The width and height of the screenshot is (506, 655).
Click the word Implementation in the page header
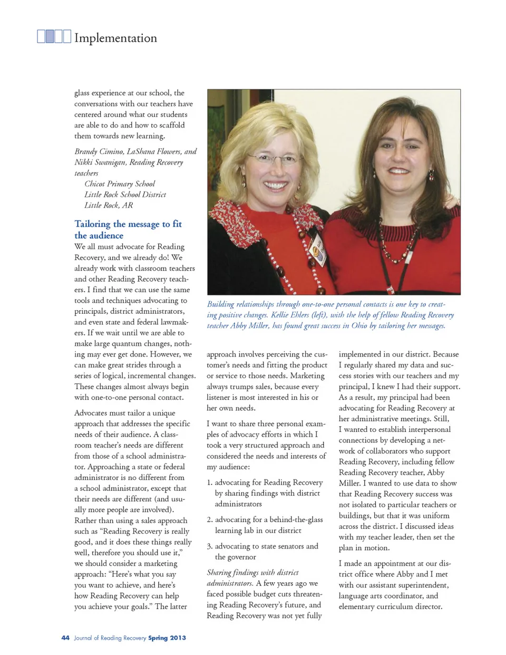pos(115,38)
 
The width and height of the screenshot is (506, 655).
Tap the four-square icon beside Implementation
pos(54,36)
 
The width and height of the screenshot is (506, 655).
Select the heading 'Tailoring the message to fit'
pos(128,224)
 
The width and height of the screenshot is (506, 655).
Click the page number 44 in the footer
pos(65,638)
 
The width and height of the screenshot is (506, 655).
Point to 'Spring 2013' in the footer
pos(167,638)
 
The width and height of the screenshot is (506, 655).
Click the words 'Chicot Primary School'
pos(120,184)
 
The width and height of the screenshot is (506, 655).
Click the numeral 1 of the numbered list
pos(209,483)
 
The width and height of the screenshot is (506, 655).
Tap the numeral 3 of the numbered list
pos(209,546)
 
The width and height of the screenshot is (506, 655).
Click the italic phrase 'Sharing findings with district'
pos(252,572)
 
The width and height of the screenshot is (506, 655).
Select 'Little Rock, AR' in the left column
pos(109,205)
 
